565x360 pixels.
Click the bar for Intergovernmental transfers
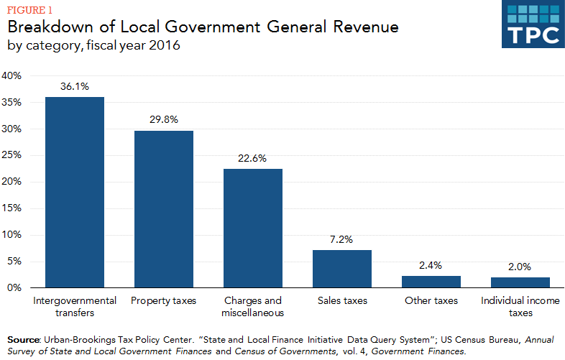[74, 193]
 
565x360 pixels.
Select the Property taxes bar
[163, 209]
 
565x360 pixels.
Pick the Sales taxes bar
[341, 269]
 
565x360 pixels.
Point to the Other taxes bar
[431, 282]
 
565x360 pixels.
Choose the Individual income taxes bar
[520, 282]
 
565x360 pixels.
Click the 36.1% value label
[74, 86]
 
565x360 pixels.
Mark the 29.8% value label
[163, 120]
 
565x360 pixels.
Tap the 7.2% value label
[341, 239]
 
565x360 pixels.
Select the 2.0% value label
[520, 267]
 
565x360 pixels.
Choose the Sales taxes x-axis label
[341, 300]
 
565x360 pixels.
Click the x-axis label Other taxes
[431, 300]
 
